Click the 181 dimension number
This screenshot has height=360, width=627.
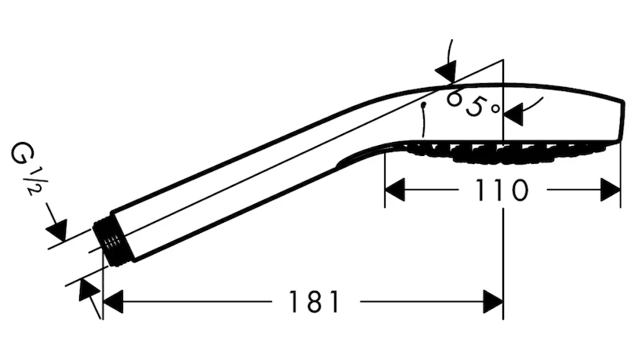(313, 302)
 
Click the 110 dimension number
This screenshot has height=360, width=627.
(502, 190)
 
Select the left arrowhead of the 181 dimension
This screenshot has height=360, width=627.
(113, 302)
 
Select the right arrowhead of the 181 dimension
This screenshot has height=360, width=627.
(493, 302)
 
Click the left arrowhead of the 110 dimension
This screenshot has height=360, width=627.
(395, 190)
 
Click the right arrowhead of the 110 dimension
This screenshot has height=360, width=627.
(611, 190)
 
